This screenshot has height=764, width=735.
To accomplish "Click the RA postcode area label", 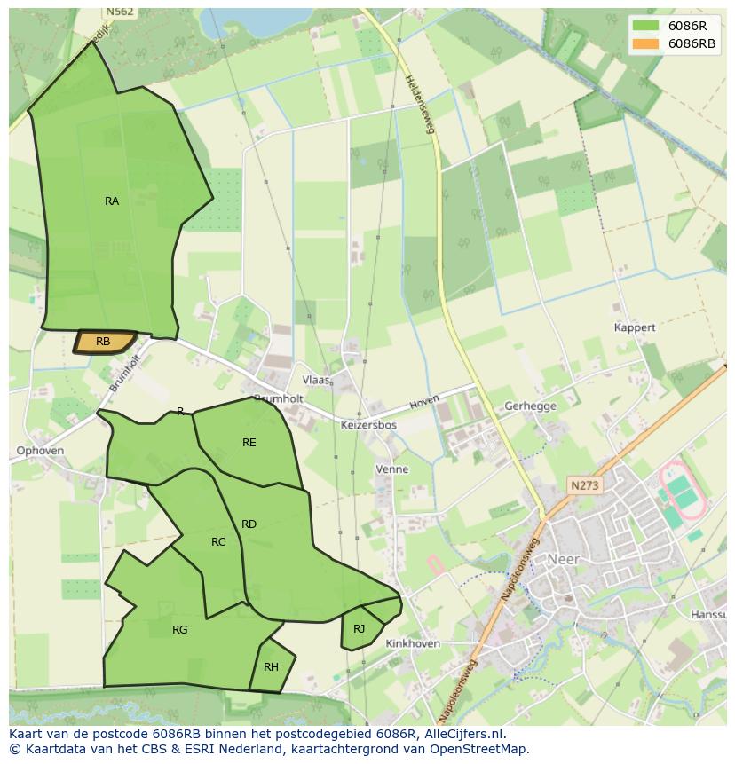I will pos(112,201).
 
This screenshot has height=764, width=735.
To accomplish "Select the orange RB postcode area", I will pos(104,342).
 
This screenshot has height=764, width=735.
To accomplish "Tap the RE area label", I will pos(249,442).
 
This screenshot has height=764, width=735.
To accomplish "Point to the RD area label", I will pos(249,524).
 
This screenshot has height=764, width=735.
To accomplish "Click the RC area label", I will pos(218,542).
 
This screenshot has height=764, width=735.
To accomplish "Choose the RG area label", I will pos(180,630).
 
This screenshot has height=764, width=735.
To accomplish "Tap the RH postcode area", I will pos(271,667).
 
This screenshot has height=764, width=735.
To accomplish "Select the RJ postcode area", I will pos(360,629).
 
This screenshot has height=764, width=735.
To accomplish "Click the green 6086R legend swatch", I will pos(645,26).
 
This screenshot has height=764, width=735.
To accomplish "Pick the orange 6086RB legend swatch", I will pos(645,43).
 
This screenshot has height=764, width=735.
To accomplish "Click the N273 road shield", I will pos(585,485).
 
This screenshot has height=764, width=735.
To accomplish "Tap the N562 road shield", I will pos(118,12).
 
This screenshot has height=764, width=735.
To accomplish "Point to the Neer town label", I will pos(563,559).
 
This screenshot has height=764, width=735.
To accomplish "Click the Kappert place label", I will pos(635,327).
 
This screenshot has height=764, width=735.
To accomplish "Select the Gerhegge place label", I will pos(530,406).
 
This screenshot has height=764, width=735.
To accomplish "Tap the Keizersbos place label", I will pos(368,425).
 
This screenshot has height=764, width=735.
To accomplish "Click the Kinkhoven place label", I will pos(414,643).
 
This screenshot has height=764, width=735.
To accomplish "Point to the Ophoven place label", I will pos(40,451).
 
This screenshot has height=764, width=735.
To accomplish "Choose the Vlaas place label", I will pos(316,380).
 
